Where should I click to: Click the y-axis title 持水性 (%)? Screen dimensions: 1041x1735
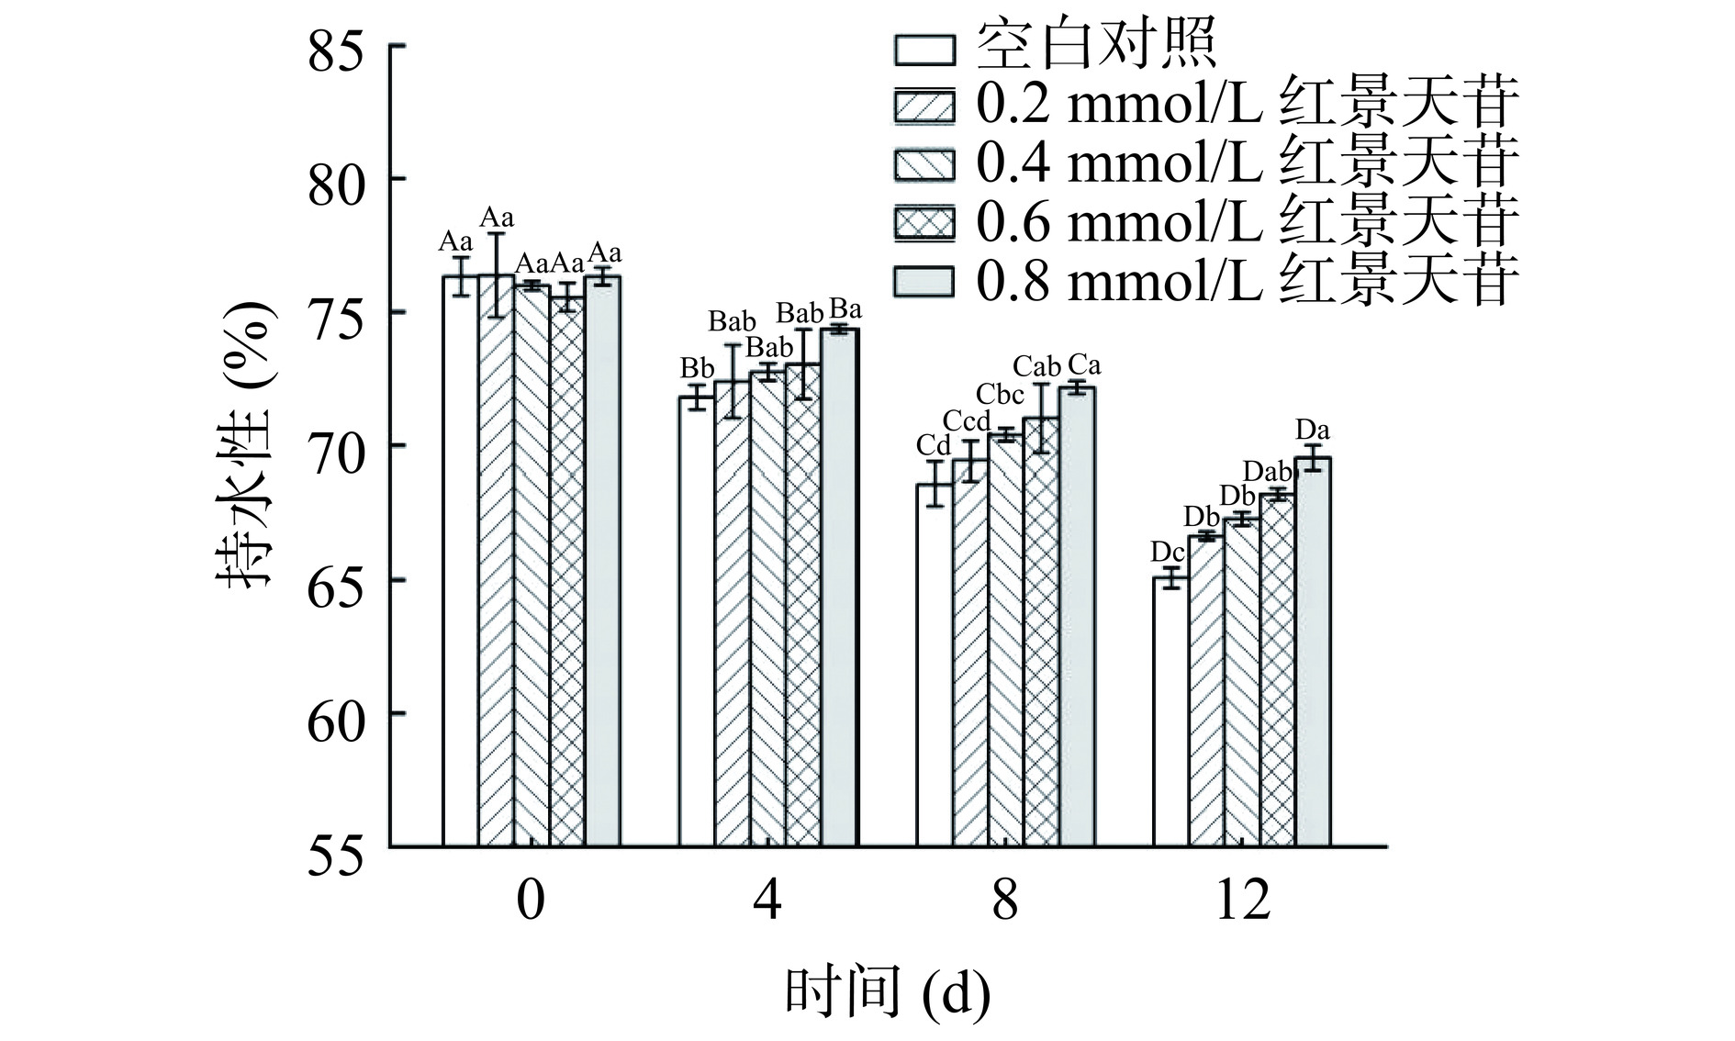[246, 446]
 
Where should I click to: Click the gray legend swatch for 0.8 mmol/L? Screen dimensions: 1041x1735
[923, 281]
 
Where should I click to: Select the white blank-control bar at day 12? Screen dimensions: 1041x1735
[1171, 711]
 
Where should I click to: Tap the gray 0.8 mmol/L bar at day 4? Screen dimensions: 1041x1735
[839, 588]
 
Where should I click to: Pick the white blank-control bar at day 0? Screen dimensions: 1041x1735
[460, 560]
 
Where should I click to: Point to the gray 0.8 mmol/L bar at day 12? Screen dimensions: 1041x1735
[1313, 652]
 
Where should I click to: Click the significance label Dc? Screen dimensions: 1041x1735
[1168, 552]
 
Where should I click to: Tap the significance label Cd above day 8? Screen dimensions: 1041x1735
[934, 445]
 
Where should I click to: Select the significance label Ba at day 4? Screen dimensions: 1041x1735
[845, 308]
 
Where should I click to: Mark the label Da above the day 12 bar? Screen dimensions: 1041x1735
[1313, 430]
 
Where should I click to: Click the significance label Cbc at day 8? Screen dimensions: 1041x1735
[1000, 394]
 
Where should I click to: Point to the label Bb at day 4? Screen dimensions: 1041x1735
[697, 368]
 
